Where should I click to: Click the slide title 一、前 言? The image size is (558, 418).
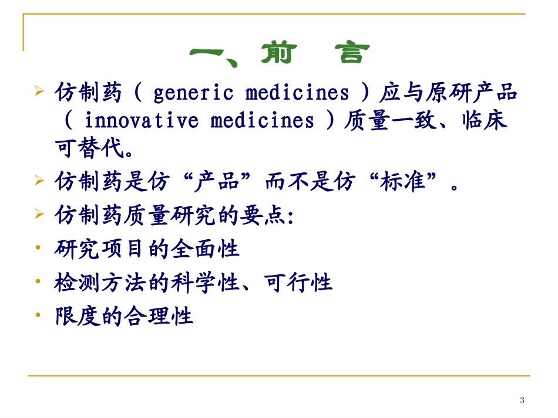point(279,54)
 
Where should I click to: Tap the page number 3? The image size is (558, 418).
point(522,400)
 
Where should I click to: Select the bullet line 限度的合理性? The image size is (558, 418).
point(123,317)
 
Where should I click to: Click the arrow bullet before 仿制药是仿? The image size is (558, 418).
point(39,182)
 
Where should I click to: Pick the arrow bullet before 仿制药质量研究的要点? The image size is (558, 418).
point(39,215)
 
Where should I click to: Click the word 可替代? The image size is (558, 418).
point(88,149)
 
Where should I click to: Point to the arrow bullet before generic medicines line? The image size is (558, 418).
point(39,92)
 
